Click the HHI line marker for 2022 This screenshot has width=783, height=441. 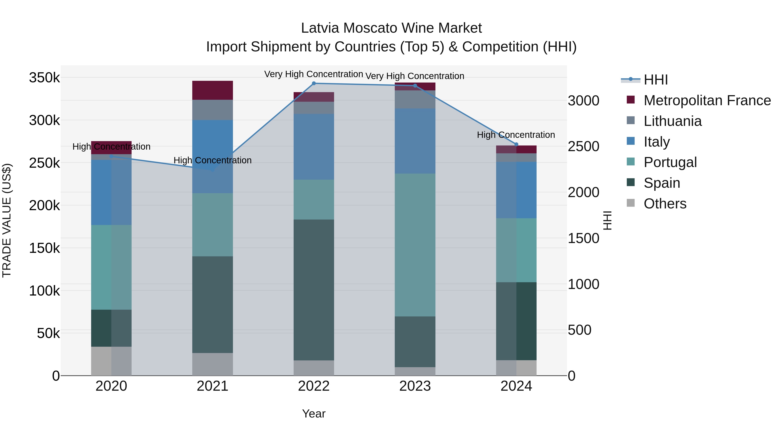point(314,83)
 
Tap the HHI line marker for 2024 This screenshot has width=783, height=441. point(516,144)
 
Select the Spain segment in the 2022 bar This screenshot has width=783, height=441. point(314,290)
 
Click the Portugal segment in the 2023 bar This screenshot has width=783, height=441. point(415,245)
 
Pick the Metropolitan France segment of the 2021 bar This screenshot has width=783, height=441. point(212,90)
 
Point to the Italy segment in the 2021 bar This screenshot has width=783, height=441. point(212,156)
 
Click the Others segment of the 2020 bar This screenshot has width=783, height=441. point(111,361)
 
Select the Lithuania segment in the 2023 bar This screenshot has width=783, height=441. point(415,100)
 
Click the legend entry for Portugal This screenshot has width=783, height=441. point(670,162)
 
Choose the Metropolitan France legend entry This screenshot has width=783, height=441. point(707,100)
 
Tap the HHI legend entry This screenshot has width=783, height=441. point(656,80)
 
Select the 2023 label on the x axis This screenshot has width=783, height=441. point(415,386)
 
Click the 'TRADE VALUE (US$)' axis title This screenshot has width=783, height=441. point(7,220)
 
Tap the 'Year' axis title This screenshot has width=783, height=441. point(314,414)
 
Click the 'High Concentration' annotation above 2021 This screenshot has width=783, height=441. point(212,160)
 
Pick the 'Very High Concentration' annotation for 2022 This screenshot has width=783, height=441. point(313,74)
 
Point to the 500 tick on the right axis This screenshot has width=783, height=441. point(579,330)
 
